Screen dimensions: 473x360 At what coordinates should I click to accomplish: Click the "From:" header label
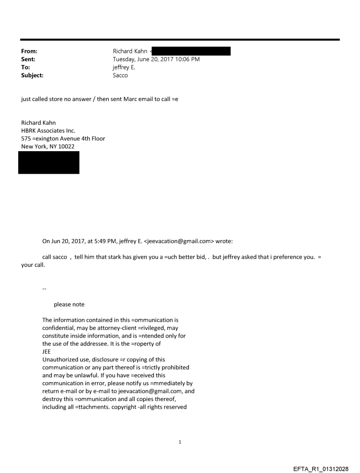(29, 51)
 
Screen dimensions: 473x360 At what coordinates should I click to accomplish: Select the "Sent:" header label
(28, 59)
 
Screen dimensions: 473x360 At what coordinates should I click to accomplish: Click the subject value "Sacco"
(120, 75)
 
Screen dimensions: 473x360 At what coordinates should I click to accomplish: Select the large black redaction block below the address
(49, 162)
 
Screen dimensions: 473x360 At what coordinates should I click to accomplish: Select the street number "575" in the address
(26, 138)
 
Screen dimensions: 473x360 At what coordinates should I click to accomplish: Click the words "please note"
(69, 304)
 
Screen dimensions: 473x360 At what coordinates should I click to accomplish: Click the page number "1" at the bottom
(180, 442)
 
